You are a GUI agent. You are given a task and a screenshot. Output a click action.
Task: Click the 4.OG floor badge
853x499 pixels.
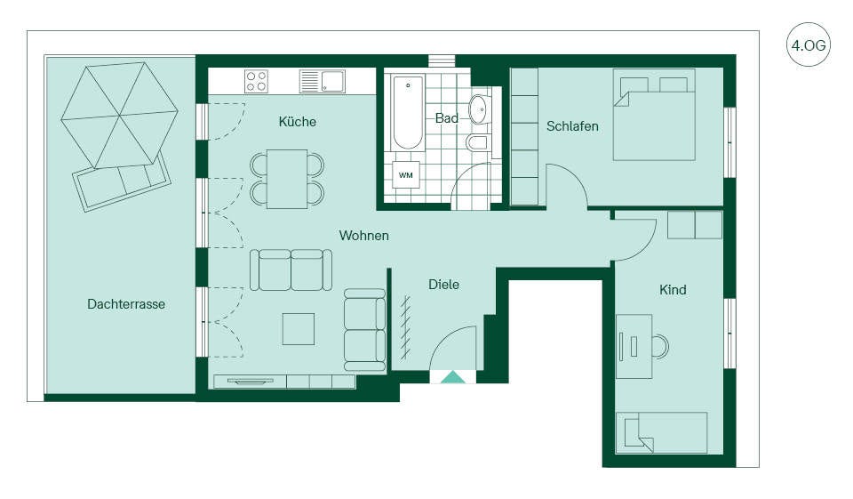pos(809,44)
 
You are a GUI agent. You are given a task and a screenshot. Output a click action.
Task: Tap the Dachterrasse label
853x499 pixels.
pos(126,304)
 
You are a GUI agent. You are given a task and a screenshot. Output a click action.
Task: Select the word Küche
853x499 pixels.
pos(297,122)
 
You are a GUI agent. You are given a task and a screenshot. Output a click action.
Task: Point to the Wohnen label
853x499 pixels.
pos(364,236)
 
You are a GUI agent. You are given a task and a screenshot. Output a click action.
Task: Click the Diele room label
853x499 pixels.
pos(443,285)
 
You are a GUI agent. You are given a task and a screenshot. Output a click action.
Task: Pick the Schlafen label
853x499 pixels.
pos(572,125)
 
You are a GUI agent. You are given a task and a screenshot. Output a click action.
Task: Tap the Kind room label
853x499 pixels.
pos(673,290)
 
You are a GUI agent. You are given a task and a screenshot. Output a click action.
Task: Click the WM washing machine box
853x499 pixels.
pos(406,175)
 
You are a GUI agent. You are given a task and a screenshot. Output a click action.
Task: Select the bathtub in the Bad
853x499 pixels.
pos(408,112)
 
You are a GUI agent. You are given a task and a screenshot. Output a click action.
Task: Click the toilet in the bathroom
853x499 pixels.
pos(476,142)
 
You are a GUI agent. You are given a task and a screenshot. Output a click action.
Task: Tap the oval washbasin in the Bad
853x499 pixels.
pos(480,109)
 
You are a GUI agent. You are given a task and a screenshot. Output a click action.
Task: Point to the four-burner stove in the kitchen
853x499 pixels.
pos(256,81)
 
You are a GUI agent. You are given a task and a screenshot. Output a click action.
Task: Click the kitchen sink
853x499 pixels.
pos(322,81)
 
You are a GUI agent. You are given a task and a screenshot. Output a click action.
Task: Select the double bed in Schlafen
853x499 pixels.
pos(655,115)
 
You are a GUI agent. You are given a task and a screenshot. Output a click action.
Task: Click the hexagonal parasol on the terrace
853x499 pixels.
pos(120,115)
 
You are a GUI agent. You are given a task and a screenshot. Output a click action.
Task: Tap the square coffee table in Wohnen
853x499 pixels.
pos(299,328)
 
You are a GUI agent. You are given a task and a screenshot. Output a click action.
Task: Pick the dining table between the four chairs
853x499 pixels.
pos(287,179)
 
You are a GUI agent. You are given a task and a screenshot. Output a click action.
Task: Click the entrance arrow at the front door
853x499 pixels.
pos(452,377)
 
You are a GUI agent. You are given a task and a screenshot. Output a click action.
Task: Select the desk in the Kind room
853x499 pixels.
pos(634,347)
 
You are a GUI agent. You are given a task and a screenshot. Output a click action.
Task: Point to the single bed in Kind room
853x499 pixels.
pos(661,432)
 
